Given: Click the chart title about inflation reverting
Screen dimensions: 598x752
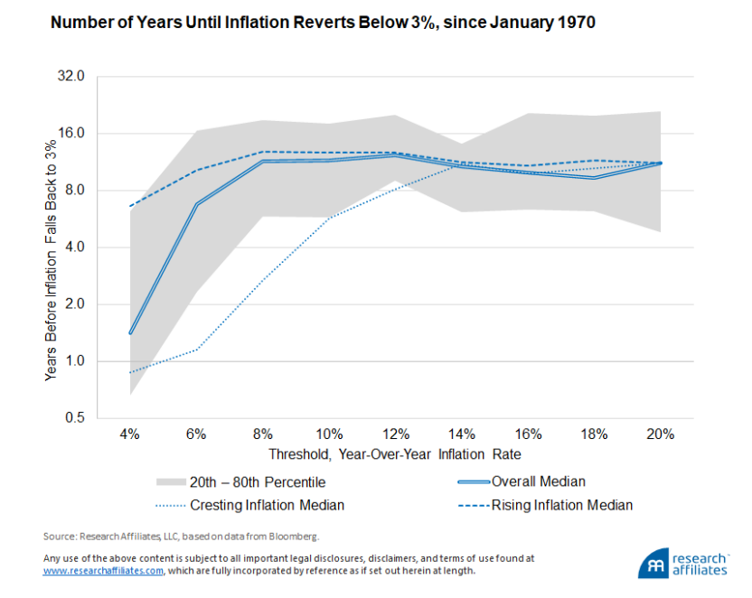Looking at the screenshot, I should pyautogui.click(x=323, y=23).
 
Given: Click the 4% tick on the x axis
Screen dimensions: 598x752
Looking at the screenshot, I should pyautogui.click(x=130, y=434).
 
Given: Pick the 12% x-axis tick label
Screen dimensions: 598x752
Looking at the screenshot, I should pyautogui.click(x=395, y=434).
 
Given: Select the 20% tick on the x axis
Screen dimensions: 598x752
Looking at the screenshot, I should pyautogui.click(x=661, y=434).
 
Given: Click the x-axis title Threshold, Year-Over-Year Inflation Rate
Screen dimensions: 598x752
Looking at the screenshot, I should pyautogui.click(x=394, y=453).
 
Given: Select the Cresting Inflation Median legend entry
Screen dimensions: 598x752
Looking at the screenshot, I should pyautogui.click(x=268, y=505).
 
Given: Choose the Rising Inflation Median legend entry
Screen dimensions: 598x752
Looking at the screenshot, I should pyautogui.click(x=561, y=505).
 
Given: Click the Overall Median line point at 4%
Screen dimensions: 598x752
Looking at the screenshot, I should pyautogui.click(x=130, y=333).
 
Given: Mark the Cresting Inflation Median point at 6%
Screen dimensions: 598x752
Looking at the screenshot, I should pyautogui.click(x=196, y=350).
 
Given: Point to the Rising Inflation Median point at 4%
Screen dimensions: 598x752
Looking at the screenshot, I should pyautogui.click(x=130, y=207).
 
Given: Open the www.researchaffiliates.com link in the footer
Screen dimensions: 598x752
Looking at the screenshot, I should pyautogui.click(x=103, y=571).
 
